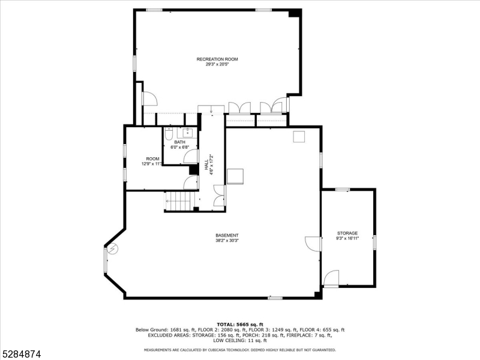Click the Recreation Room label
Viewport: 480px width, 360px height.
(x=217, y=59)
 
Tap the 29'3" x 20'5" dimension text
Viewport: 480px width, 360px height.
(x=217, y=64)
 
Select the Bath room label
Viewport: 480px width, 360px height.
(x=179, y=142)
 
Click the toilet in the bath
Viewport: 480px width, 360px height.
(x=169, y=134)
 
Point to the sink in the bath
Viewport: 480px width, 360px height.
(x=187, y=133)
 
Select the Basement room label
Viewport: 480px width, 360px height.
(x=227, y=235)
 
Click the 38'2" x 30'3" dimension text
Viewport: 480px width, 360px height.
(x=227, y=241)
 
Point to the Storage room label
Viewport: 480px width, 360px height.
(x=347, y=233)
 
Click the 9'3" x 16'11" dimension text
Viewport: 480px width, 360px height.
(x=347, y=238)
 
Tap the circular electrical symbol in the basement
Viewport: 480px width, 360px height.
(x=112, y=249)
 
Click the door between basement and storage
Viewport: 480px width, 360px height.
(x=313, y=244)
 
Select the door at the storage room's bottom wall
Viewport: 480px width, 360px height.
(x=331, y=278)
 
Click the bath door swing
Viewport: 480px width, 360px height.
(x=191, y=156)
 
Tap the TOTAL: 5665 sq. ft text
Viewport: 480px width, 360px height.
(x=240, y=325)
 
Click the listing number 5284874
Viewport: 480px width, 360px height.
(x=20, y=354)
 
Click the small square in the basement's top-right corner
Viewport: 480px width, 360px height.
(x=299, y=137)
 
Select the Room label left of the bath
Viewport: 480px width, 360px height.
(x=152, y=159)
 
